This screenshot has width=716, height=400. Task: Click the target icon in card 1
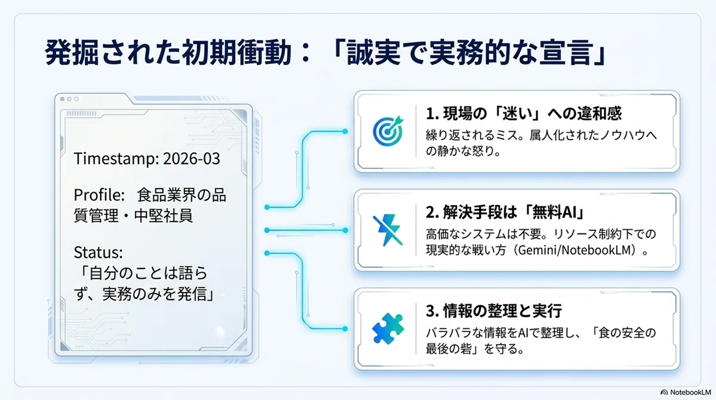pos(388,131)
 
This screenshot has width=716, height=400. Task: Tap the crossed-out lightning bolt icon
pos(388,230)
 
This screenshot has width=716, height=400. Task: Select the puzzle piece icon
pos(388,329)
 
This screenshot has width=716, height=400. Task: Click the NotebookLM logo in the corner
pos(686,392)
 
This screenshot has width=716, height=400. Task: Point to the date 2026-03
pos(192,159)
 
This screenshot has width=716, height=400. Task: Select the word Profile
pos(99,195)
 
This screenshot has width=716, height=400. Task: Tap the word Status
pos(98,253)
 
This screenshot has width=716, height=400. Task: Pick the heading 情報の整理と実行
pos(502,311)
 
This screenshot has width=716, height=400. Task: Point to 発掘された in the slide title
pos(113,53)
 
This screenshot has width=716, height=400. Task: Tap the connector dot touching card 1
pos(345,131)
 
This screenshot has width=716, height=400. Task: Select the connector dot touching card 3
pos(345,328)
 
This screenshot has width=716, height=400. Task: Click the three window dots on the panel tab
pos(69,99)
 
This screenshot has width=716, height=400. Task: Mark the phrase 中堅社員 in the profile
pos(163,216)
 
